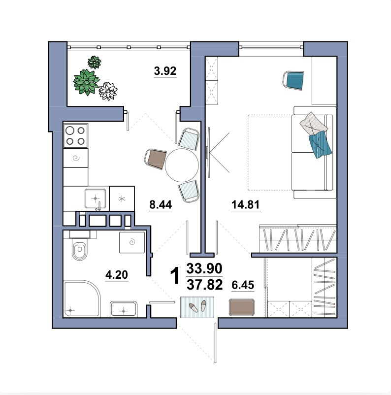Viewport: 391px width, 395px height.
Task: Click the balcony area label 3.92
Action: point(165,71)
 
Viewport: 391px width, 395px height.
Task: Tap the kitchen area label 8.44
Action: point(161,204)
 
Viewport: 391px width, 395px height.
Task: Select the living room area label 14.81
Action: point(245,204)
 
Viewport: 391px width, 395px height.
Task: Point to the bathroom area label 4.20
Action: point(117,275)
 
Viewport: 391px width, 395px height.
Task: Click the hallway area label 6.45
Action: point(243,285)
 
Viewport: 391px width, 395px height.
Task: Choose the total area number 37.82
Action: point(204,285)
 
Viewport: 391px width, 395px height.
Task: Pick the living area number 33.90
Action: point(204,268)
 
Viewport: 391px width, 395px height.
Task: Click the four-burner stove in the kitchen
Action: point(75,135)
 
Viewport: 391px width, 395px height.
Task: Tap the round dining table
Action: point(182,165)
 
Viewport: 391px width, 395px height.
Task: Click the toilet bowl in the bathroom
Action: point(80,249)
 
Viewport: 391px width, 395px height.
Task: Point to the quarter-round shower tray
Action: point(82,298)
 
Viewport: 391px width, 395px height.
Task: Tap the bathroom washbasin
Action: point(124,309)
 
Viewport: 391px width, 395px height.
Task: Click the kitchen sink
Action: point(95,198)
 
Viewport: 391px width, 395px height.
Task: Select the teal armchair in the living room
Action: point(293,80)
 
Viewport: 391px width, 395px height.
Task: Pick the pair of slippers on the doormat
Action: point(198,306)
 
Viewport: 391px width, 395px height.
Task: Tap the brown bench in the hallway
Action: point(242,307)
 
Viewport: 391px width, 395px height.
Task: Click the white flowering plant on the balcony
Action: point(108,91)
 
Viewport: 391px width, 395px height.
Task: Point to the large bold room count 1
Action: point(175,276)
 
